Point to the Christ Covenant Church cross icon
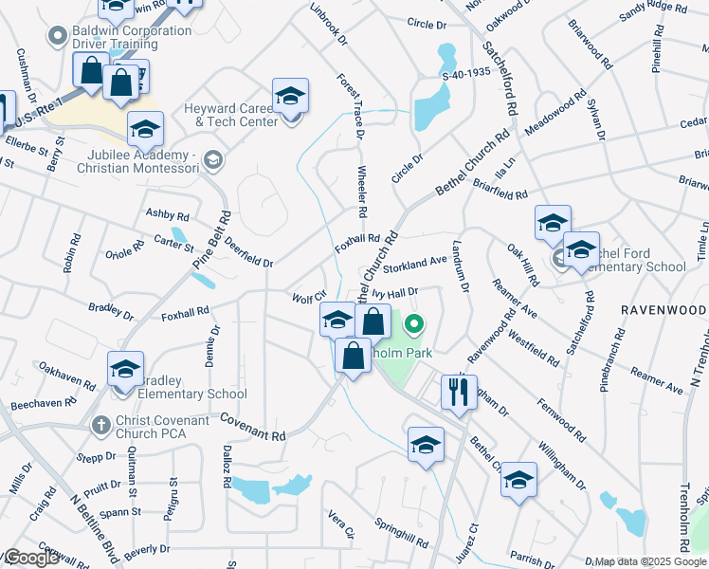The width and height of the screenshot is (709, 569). pyautogui.click(x=98, y=426)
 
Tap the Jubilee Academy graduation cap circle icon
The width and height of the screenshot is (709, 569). pyautogui.click(x=214, y=160)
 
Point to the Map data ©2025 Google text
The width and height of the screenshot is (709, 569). pyautogui.click(x=650, y=562)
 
